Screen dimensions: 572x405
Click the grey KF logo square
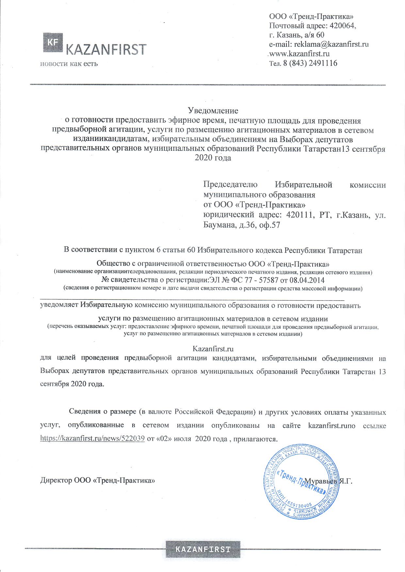click(x=53, y=42)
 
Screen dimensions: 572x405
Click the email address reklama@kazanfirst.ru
click(x=332, y=44)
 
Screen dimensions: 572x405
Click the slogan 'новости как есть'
click(x=69, y=63)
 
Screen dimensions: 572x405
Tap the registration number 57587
click(x=277, y=280)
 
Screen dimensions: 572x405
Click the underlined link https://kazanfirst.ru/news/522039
click(x=92, y=439)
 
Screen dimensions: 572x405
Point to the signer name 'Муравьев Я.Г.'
click(x=328, y=481)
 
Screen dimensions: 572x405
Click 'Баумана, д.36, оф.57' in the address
click(x=242, y=225)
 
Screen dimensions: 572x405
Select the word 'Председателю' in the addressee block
click(x=230, y=185)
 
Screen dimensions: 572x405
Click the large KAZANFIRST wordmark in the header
click(x=106, y=49)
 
